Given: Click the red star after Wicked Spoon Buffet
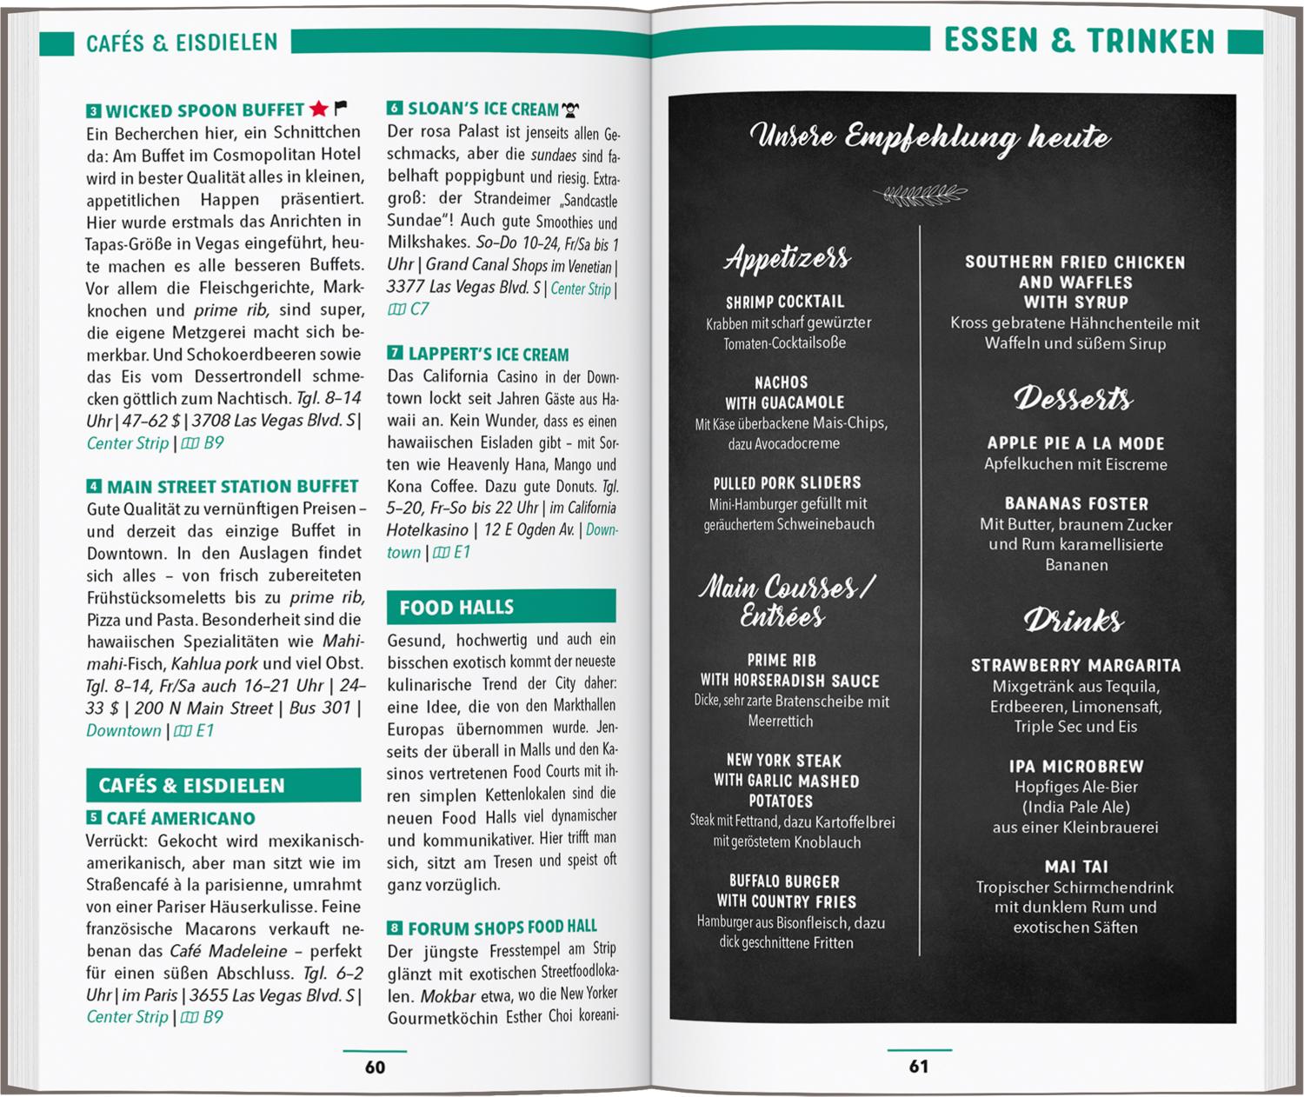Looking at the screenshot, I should [318, 109].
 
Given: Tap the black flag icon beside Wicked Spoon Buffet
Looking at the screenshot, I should [341, 108].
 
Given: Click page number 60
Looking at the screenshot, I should [375, 1067].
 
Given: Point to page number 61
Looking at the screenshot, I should [919, 1066].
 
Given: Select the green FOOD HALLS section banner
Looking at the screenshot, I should [501, 607].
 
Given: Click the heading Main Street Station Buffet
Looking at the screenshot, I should [232, 486].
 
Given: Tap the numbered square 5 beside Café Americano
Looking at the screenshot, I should [94, 818].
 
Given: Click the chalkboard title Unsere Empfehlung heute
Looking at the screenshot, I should [930, 136].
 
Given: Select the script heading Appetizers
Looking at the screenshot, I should [788, 257].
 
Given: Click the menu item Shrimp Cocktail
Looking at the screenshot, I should [785, 302].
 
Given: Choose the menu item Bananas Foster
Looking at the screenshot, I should [1076, 503].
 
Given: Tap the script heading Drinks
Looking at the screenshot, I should [1074, 620].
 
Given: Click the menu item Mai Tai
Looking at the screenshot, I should [1076, 866].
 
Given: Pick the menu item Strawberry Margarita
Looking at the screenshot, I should [1076, 665].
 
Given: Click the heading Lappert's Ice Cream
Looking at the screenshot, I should [489, 355].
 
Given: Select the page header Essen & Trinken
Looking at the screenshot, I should [1079, 41].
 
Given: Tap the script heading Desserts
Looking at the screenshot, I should [1074, 398].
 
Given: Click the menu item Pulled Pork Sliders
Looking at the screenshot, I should [787, 482].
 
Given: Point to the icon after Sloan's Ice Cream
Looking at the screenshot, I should [571, 110].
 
